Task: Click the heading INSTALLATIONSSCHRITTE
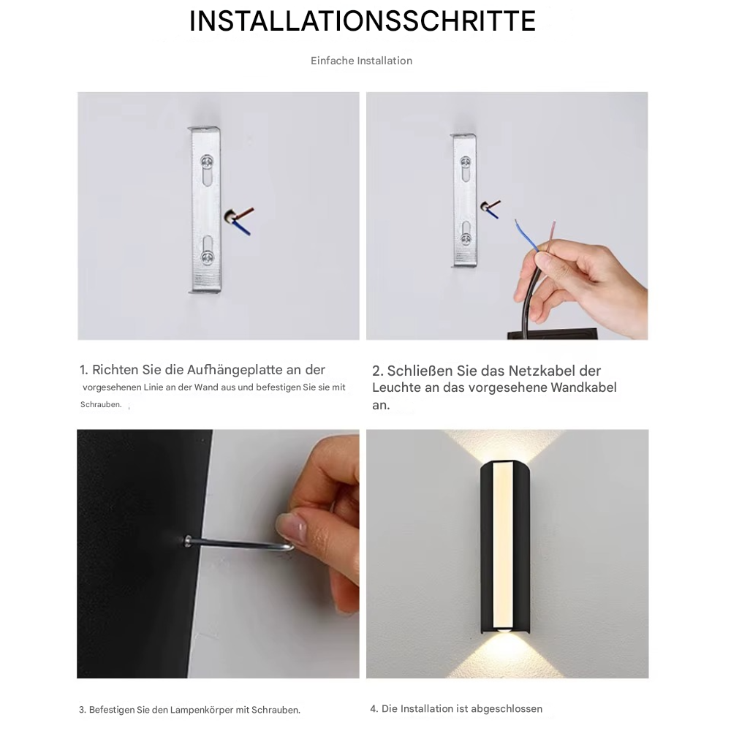(363, 21)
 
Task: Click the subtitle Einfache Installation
(361, 61)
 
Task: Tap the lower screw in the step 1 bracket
(208, 256)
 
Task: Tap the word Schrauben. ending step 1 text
(101, 404)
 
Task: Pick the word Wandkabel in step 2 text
(584, 387)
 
